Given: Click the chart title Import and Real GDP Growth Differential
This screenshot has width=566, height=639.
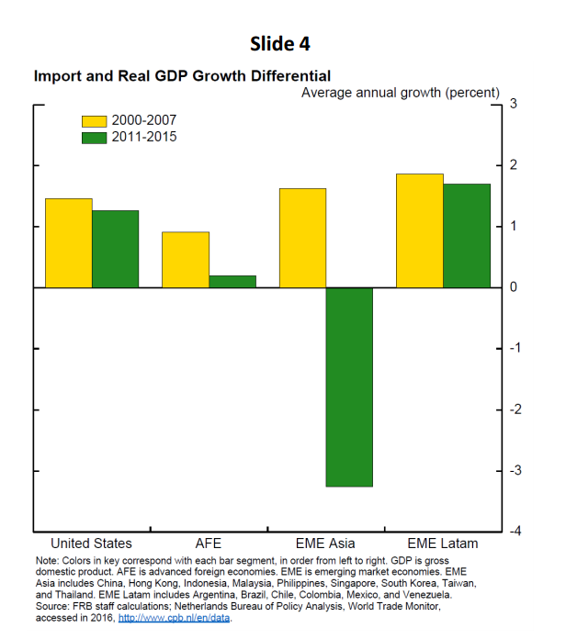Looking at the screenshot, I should (x=182, y=76).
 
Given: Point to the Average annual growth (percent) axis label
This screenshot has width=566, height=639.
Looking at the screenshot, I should (x=401, y=93).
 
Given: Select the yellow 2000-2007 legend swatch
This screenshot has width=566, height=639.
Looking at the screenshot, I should (x=95, y=120).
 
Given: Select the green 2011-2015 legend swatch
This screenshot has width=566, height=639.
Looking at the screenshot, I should (x=95, y=138).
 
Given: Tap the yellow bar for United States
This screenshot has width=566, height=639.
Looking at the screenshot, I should (x=69, y=242).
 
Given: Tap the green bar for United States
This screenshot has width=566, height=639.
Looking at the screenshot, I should (x=116, y=249).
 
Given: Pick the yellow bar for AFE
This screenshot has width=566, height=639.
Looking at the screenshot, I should (x=186, y=260).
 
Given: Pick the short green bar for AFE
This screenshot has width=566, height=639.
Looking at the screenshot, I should (x=232, y=281).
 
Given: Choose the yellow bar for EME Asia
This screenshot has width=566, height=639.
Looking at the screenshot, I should (x=302, y=238).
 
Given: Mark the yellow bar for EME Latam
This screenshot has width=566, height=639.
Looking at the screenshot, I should (x=420, y=230).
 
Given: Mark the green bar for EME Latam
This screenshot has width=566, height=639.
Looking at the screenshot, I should (x=467, y=235).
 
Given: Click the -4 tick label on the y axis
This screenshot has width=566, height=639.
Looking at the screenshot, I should (x=514, y=532).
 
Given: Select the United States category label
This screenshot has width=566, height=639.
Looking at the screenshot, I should (x=91, y=544).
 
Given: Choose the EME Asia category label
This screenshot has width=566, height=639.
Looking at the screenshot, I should (x=325, y=544).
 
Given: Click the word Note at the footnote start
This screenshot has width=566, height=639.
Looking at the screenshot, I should (x=47, y=560).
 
